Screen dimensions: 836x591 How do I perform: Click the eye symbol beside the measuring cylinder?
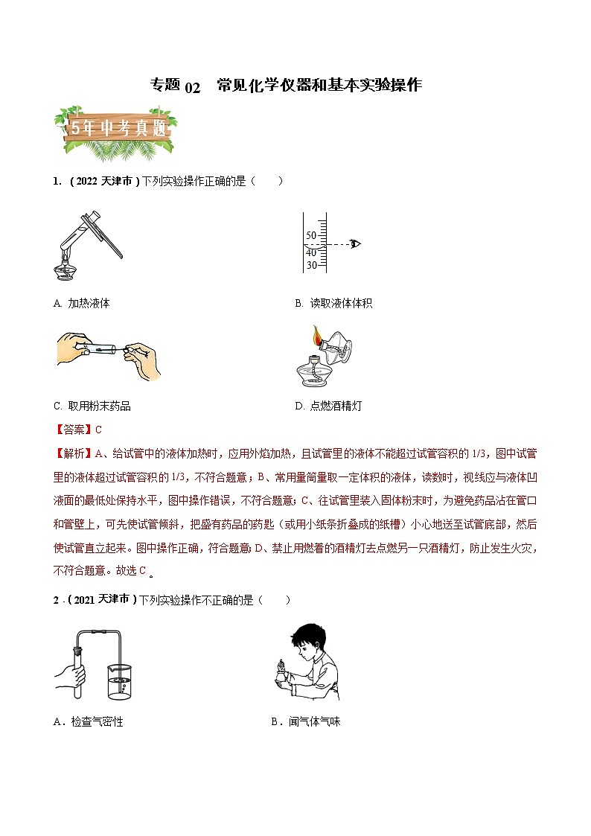[x=355, y=243]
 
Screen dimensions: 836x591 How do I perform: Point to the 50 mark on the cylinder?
[x=311, y=235]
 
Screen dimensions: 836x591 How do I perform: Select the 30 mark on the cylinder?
[x=311, y=265]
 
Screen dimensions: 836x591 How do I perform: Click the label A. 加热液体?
[x=82, y=303]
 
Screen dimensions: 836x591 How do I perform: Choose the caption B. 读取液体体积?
[x=333, y=303]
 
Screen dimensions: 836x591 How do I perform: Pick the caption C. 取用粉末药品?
[x=92, y=406]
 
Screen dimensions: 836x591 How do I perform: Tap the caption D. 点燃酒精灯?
[x=328, y=406]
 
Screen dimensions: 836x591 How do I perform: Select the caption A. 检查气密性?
[x=88, y=721]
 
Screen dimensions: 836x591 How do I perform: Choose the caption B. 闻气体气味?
[x=305, y=721]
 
